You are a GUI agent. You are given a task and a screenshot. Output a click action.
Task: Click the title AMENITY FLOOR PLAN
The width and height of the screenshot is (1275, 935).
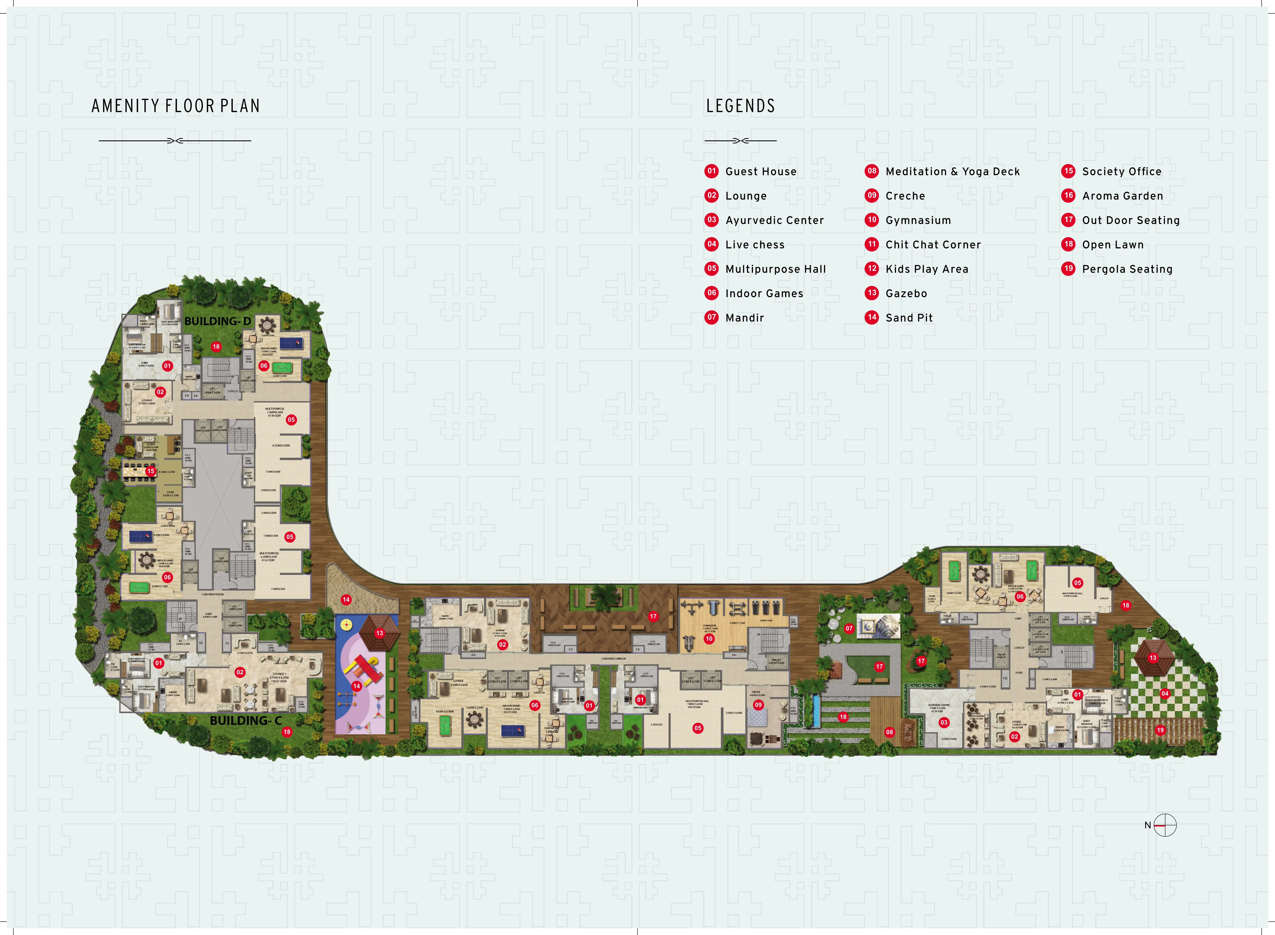click(175, 106)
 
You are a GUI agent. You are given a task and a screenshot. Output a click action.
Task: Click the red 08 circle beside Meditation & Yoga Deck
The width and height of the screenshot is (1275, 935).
click(872, 171)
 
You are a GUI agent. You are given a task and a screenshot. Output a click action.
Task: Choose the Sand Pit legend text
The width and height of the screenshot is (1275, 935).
click(909, 318)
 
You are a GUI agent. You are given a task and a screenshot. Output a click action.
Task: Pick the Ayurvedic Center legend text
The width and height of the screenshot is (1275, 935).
click(774, 220)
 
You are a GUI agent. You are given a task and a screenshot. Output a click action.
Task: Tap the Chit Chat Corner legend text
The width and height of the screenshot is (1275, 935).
click(933, 244)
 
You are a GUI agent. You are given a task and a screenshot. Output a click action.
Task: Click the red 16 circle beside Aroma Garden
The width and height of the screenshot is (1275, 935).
click(1068, 195)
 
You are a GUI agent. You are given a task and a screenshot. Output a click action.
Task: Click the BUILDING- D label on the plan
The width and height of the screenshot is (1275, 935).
click(218, 321)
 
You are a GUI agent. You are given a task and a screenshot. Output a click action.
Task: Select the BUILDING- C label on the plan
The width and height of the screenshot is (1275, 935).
click(245, 720)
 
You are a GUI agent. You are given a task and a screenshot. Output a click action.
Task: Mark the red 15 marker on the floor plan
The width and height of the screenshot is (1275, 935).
click(151, 471)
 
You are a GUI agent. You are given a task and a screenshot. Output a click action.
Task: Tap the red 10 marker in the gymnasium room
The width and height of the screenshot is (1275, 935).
click(709, 638)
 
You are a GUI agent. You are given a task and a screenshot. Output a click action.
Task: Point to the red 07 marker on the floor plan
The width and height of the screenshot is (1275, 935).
click(849, 628)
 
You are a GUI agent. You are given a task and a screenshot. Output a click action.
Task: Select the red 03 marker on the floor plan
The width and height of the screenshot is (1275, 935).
click(943, 722)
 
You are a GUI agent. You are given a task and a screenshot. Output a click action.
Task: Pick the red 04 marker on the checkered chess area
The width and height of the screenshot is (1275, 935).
click(1165, 693)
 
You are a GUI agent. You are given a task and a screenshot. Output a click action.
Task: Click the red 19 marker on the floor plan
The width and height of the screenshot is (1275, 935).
click(1160, 730)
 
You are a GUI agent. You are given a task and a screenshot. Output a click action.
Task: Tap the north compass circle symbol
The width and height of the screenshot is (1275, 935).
click(1165, 825)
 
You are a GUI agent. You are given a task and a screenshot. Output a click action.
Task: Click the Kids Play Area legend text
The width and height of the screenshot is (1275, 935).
click(926, 269)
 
